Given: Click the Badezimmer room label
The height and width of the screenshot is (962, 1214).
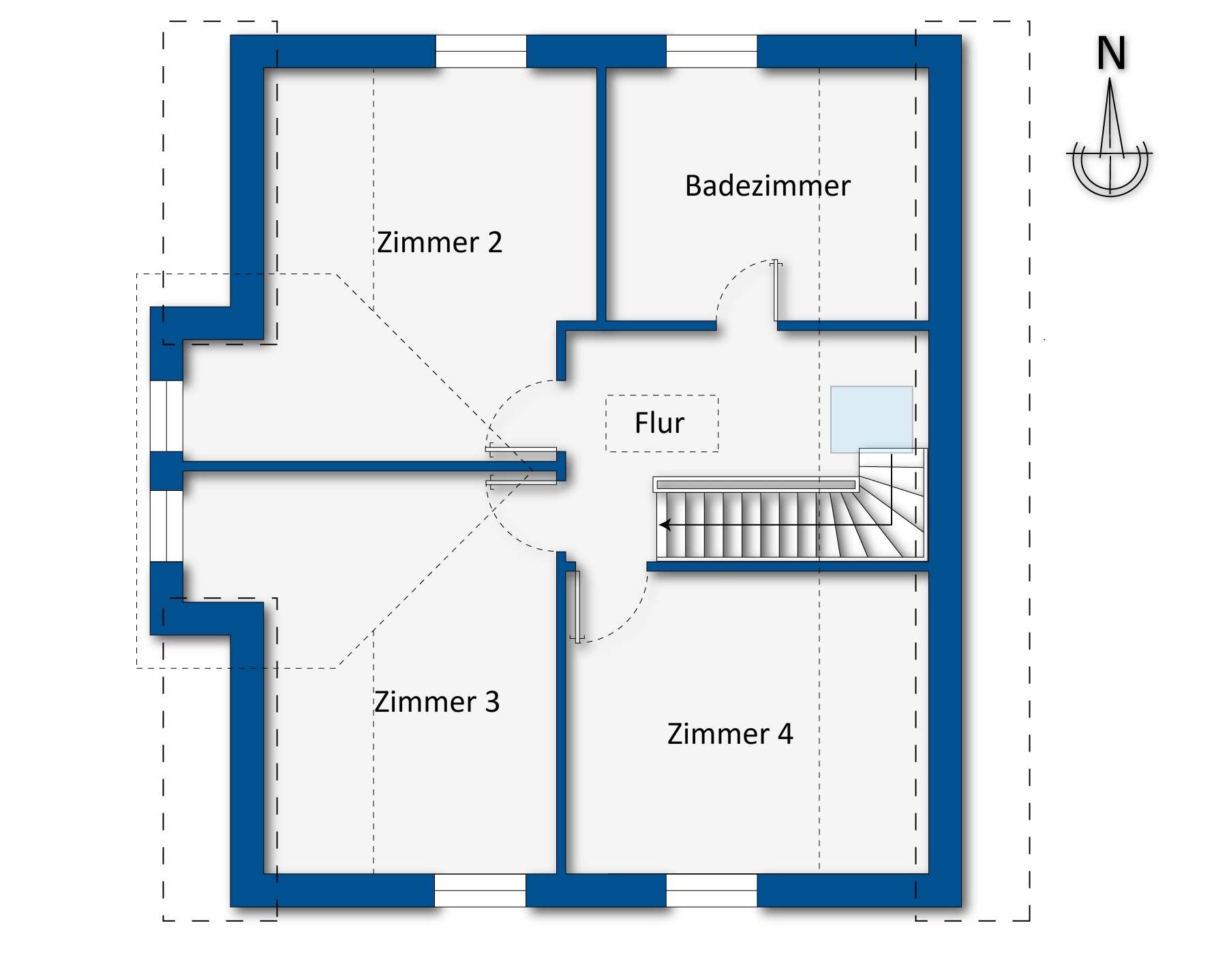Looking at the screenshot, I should click(x=768, y=186).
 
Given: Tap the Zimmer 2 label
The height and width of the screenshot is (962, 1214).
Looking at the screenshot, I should click(x=440, y=243).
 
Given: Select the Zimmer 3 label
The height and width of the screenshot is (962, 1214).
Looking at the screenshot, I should click(x=437, y=702).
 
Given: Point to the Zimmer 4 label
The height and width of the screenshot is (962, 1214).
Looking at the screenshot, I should click(x=730, y=734).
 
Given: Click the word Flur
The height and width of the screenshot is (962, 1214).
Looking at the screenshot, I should click(x=659, y=423).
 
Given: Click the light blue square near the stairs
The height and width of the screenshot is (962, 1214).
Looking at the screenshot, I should click(x=871, y=419).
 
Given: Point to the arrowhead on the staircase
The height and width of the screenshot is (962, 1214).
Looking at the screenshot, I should click(x=665, y=525).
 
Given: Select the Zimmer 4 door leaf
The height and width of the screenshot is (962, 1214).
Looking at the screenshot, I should click(x=577, y=606).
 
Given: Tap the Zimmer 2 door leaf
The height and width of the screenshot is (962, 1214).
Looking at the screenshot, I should click(x=522, y=451).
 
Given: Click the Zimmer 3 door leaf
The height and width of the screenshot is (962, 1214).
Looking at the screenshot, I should click(x=522, y=482).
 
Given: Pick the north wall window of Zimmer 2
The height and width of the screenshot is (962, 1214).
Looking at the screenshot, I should click(x=481, y=51).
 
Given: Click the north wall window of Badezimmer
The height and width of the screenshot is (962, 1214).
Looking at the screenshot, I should click(x=711, y=51).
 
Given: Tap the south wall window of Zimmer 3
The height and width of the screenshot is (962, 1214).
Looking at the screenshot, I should click(x=480, y=890).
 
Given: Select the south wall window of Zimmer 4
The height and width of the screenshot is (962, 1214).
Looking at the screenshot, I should click(x=711, y=890).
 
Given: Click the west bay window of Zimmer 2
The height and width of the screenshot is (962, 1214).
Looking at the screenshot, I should click(x=166, y=415).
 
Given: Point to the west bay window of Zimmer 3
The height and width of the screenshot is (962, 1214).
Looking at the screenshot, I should click(x=166, y=525).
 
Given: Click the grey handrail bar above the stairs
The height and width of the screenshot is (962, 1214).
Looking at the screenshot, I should click(x=755, y=485).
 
